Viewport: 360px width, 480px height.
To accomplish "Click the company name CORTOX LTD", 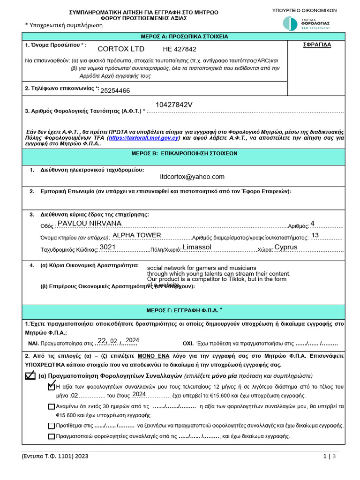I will click(x=121, y=49).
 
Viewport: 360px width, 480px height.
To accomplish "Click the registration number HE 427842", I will click(x=180, y=49).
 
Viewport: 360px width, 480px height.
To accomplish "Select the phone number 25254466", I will click(x=115, y=90).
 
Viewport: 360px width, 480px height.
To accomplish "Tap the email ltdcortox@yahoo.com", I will click(x=192, y=177).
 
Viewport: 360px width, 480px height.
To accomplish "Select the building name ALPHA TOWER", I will click(x=137, y=235).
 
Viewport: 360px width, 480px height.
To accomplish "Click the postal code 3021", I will click(x=107, y=247).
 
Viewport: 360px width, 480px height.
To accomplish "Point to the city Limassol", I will click(x=197, y=247).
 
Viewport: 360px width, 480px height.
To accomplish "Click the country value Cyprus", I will click(x=286, y=247).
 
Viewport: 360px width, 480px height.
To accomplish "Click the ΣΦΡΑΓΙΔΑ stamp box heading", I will click(x=317, y=45).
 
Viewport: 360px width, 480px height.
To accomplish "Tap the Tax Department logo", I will click(x=307, y=23).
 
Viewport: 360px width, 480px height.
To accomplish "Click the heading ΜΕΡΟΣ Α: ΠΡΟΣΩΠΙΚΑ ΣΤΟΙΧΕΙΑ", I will click(x=184, y=36).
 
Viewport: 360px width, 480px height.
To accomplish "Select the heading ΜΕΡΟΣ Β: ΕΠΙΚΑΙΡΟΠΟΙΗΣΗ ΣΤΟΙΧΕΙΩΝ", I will click(x=184, y=153).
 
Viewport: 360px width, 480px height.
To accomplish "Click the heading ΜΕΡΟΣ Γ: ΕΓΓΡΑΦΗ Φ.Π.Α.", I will click(x=184, y=310).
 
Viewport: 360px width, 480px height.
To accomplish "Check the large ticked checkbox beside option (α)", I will click(x=30, y=375).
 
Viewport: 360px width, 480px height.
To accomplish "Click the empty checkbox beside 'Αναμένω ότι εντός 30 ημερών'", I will click(x=51, y=406).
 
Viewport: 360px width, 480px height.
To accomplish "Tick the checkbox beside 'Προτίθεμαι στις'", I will click(x=51, y=426).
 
